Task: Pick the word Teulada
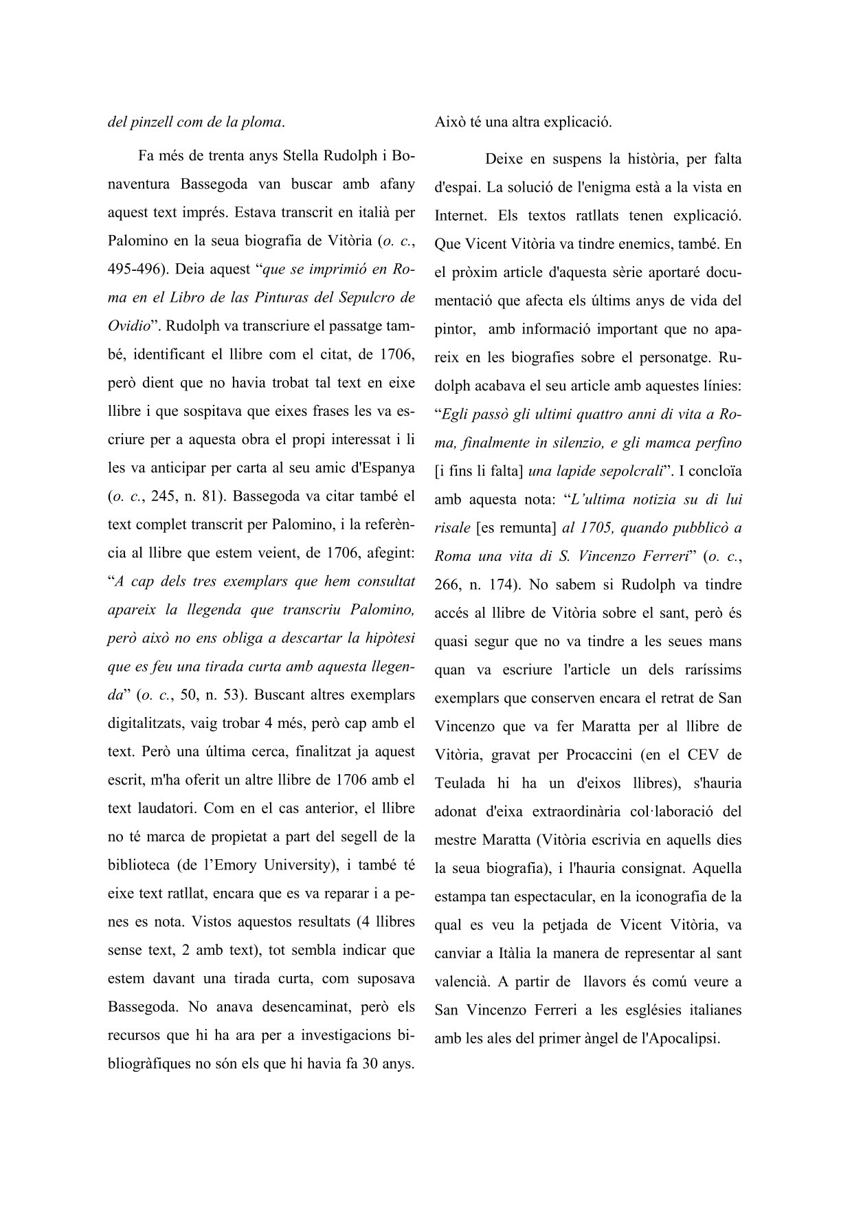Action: pos(460,783)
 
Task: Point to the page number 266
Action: pos(449,585)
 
